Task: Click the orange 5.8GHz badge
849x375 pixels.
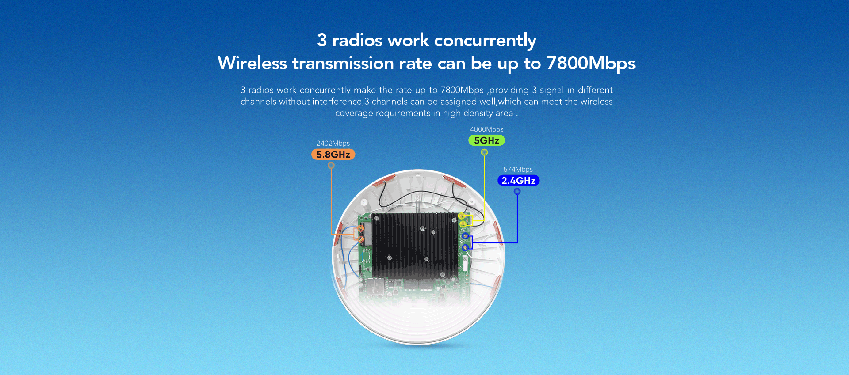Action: click(333, 155)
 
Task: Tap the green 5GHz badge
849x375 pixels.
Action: click(486, 140)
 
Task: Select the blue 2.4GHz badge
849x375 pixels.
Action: click(518, 181)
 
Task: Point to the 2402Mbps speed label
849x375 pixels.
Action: click(333, 144)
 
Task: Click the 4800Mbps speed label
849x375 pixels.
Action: click(486, 129)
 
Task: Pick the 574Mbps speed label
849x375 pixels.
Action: click(518, 170)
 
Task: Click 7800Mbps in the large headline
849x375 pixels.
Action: click(591, 64)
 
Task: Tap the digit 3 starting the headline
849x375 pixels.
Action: click(322, 40)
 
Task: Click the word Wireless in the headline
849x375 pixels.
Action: click(252, 63)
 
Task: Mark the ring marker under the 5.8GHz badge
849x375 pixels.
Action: click(331, 165)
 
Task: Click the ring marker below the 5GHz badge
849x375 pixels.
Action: click(484, 152)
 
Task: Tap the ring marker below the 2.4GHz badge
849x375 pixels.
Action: click(517, 191)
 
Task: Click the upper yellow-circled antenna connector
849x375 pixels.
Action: click(461, 216)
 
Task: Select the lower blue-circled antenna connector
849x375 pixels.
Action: click(465, 247)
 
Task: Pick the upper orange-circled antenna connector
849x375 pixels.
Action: click(360, 228)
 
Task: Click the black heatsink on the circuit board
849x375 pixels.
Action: click(415, 246)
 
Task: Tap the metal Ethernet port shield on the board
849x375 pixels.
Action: click(375, 287)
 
